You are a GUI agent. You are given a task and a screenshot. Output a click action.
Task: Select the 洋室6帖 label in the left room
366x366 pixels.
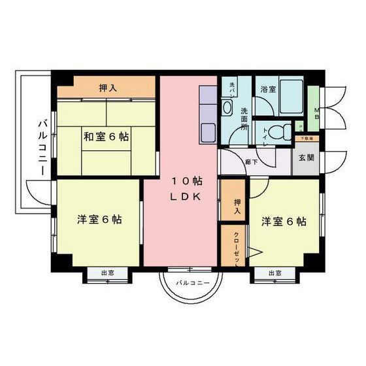(98, 220)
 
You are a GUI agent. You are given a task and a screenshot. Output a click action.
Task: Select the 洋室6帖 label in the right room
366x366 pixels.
(284, 221)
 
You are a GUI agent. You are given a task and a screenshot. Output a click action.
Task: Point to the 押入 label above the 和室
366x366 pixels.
(108, 88)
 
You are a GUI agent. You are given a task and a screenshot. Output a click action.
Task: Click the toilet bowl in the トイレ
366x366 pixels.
(279, 131)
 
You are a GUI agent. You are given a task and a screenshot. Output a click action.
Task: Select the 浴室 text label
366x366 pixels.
(269, 89)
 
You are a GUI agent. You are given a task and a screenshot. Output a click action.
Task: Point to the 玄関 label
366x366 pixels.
(307, 158)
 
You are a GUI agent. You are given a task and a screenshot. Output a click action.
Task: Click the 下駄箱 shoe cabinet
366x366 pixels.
(307, 139)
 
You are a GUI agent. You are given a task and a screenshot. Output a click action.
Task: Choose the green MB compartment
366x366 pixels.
(314, 111)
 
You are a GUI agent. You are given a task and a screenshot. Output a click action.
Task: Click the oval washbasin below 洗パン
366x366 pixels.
(228, 107)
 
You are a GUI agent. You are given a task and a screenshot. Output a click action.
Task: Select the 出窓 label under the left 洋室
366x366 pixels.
(108, 273)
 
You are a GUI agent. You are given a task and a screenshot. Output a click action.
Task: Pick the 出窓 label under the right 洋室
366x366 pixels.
(274, 273)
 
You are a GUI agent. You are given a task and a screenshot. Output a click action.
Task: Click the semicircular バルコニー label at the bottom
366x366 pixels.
(191, 283)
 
